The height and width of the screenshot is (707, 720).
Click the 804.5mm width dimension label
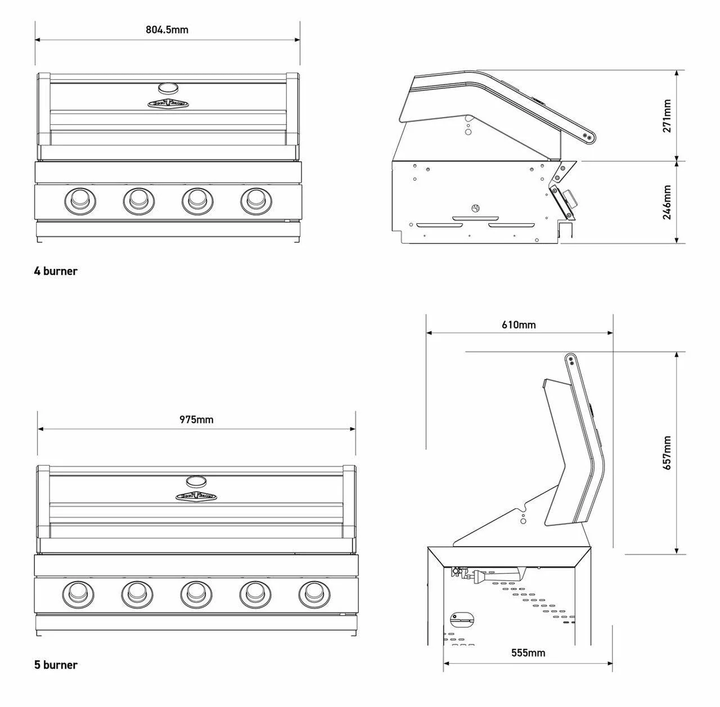167,30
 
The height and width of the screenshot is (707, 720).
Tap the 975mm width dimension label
196,420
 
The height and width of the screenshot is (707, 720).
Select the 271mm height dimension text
667,116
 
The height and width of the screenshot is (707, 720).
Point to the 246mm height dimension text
667,202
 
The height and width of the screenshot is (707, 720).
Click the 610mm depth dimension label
519,325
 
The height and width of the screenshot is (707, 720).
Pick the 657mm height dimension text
667,453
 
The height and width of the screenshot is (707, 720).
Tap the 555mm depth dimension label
528,653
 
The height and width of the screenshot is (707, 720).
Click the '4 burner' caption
56,271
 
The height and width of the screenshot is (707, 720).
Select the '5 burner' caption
56,665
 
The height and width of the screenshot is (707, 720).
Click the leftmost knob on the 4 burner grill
79,199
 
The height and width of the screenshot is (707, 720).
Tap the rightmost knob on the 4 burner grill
255,199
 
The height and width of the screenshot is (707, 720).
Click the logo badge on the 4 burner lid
168,103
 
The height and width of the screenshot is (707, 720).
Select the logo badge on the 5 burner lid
196,496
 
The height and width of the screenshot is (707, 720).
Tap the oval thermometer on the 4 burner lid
168,88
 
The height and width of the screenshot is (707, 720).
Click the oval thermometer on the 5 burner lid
196,481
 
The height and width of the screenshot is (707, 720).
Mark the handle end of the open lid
571,361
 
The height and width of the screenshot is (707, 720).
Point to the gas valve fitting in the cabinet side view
465,574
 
